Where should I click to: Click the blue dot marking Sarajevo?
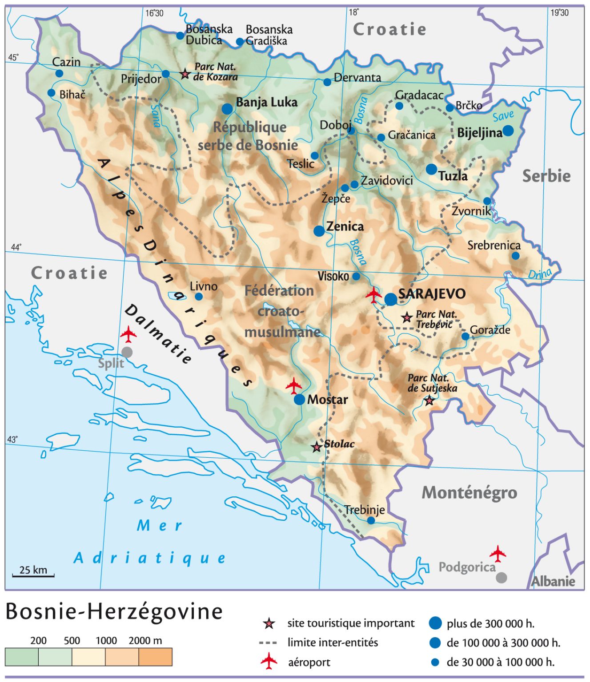pos(390,299)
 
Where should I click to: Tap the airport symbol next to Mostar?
pos(294,385)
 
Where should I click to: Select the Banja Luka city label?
pos(266,103)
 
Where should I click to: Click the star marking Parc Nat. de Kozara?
pos(185,74)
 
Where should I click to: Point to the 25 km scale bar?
pos(33,575)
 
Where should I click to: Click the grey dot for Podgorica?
pos(501,577)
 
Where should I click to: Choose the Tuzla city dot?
pos(431,169)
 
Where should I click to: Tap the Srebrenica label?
pos(494,245)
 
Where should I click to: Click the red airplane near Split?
pos(128,334)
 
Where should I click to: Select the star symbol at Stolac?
pos(317,447)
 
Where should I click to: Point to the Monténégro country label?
pos(469,493)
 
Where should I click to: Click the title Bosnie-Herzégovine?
pos(114,611)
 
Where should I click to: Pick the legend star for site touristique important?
pos(269,623)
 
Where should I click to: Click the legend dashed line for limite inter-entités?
pos(268,642)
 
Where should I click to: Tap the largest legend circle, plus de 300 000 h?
pos(435,623)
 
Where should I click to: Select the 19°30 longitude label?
pos(559,13)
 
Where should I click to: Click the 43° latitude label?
pos(12,439)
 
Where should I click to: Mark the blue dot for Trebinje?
pos(371,520)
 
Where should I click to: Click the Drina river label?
pos(540,274)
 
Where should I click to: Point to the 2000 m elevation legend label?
pos(145,641)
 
